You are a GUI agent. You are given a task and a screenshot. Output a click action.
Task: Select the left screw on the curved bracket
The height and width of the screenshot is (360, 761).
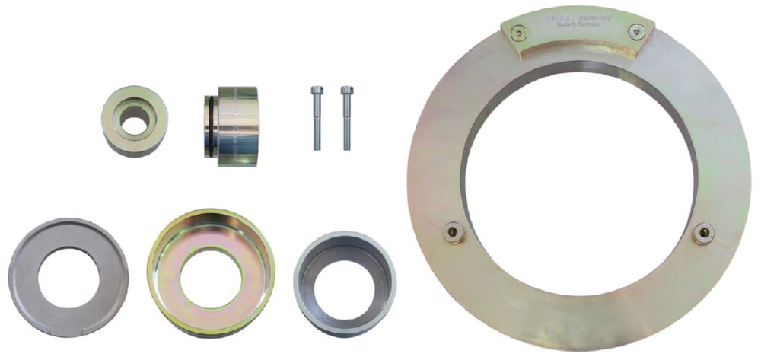point(518,33)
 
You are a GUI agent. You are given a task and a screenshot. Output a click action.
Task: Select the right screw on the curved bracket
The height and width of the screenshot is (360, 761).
point(638,32)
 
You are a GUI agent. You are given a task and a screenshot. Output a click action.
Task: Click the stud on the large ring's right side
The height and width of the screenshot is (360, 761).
point(703,232)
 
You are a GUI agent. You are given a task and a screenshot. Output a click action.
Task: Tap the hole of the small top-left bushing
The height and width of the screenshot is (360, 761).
point(135,122)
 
